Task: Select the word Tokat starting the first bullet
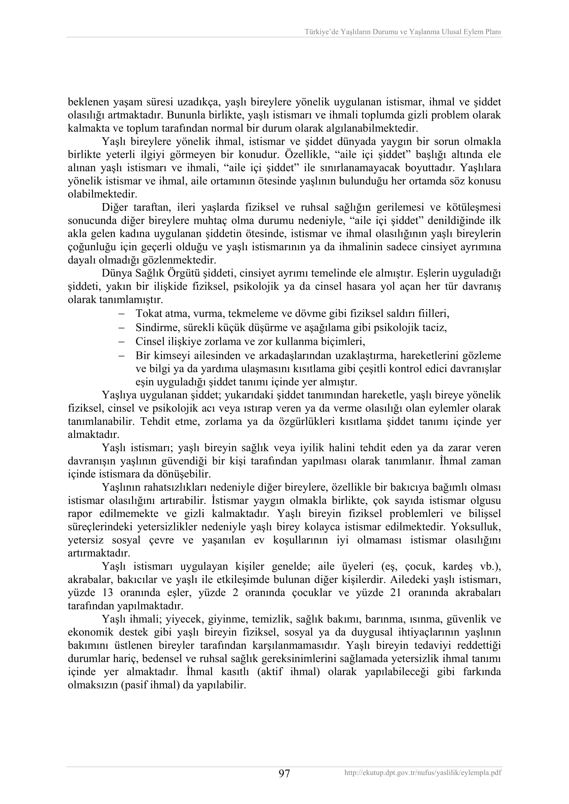[x=146, y=313]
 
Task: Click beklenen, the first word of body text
[x=88, y=102]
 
